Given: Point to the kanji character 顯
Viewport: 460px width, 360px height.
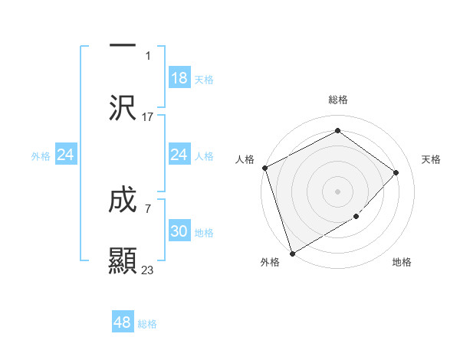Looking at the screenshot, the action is [123, 260].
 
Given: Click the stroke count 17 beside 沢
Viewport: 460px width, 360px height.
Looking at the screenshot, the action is [148, 117].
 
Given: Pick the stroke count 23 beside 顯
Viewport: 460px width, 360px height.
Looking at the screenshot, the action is [148, 270].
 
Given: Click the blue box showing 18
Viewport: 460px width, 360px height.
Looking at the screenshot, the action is [179, 78].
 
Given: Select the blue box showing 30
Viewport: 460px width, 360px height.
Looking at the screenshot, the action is [179, 232].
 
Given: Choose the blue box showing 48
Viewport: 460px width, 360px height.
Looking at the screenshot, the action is [123, 322].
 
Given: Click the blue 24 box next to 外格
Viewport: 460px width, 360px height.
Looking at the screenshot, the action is [66, 155].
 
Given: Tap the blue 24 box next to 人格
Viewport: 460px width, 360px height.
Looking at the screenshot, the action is [179, 155].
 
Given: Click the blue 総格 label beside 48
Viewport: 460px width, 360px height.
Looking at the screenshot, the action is [147, 324].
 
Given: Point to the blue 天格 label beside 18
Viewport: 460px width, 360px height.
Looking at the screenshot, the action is [204, 79].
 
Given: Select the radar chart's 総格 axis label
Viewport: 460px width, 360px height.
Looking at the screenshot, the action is [337, 100].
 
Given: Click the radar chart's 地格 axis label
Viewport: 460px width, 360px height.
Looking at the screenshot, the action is [402, 263].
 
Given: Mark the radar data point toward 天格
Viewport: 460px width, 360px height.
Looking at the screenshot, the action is [396, 172].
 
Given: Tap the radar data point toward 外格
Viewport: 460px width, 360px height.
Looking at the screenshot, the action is [292, 253].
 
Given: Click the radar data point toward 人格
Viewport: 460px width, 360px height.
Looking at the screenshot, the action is [264, 168].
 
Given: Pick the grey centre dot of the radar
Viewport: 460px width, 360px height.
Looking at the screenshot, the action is [337, 191].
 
